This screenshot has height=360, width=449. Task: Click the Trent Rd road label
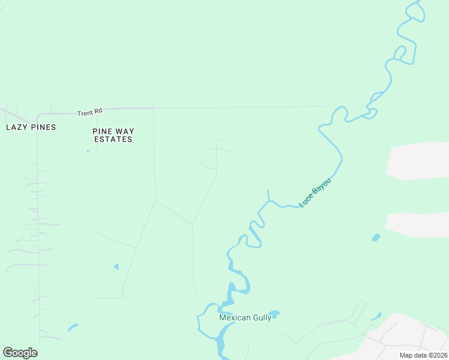pyautogui.click(x=90, y=112)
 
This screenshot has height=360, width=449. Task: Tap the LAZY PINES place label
pyautogui.click(x=31, y=127)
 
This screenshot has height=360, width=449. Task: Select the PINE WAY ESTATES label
pyautogui.click(x=113, y=135)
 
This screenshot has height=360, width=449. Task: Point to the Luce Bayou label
pyautogui.click(x=315, y=193)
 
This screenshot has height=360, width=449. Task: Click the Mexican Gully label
pyautogui.click(x=245, y=318)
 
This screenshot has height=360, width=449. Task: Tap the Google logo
pyautogui.click(x=20, y=353)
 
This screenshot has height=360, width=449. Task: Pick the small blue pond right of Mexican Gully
pyautogui.click(x=274, y=313)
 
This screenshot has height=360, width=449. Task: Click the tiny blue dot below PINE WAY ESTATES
pyautogui.click(x=88, y=151)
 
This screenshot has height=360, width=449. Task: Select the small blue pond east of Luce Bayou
pyautogui.click(x=376, y=238)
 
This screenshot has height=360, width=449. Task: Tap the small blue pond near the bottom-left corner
pyautogui.click(x=73, y=328)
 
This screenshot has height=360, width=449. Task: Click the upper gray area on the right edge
pyautogui.click(x=419, y=161)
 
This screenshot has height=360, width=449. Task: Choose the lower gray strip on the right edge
pyautogui.click(x=418, y=224)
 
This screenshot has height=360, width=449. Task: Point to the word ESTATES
pyautogui.click(x=113, y=139)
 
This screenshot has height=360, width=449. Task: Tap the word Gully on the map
pyautogui.click(x=261, y=318)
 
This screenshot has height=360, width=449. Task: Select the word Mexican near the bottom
pyautogui.click(x=234, y=318)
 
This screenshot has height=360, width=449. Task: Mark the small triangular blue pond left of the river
pyautogui.click(x=116, y=266)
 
